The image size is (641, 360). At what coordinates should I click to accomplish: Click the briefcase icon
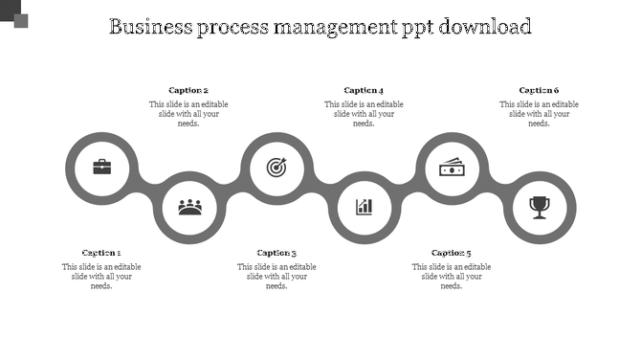(101, 168)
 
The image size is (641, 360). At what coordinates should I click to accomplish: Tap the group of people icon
(189, 206)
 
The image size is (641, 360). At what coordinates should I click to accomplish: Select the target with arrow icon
(276, 168)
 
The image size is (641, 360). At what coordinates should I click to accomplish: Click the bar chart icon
(364, 206)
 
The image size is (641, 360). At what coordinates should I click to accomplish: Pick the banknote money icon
(452, 168)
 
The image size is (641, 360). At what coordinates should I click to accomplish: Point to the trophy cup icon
(540, 206)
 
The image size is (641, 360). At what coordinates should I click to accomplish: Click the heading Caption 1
(101, 253)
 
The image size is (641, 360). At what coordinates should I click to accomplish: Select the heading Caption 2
(188, 91)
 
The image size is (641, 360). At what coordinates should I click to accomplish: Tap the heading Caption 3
(276, 253)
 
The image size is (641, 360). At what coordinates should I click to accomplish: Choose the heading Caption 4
(364, 91)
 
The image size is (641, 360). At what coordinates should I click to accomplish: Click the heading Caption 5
(452, 253)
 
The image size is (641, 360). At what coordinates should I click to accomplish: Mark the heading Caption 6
(539, 91)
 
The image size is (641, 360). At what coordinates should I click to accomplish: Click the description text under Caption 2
(188, 113)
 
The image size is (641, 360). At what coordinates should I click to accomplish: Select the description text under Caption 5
(452, 276)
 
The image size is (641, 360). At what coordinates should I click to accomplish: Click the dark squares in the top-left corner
(13, 12)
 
